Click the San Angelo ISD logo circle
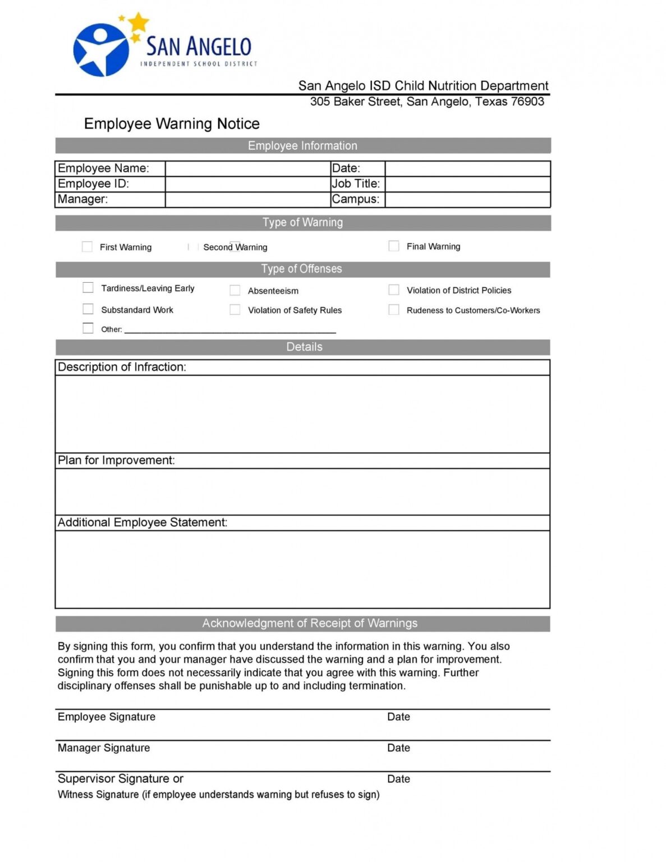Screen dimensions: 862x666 [x=101, y=50]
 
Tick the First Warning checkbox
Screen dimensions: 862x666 [x=87, y=247]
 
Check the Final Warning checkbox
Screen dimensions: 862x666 [x=394, y=246]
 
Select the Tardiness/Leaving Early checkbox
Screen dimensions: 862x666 [x=88, y=288]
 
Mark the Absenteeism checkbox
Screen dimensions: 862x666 [x=235, y=290]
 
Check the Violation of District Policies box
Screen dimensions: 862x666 [x=394, y=290]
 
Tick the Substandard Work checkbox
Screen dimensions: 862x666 [x=88, y=309]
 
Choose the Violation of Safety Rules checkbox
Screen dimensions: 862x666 [x=235, y=310]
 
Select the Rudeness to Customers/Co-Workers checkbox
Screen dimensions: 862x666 [x=394, y=310]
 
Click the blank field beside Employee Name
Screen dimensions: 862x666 [x=247, y=168]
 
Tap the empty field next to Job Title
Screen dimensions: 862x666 [x=467, y=184]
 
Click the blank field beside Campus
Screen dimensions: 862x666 [x=467, y=200]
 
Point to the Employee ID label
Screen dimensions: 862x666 [x=93, y=184]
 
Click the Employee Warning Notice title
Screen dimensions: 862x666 [x=172, y=124]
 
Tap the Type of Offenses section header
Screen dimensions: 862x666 [x=302, y=269]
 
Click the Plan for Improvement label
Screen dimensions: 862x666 [x=116, y=461]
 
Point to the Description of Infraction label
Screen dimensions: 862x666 [x=122, y=368]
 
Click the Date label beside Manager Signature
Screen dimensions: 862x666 [x=398, y=748]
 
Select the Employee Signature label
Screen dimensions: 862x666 [x=107, y=717]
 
